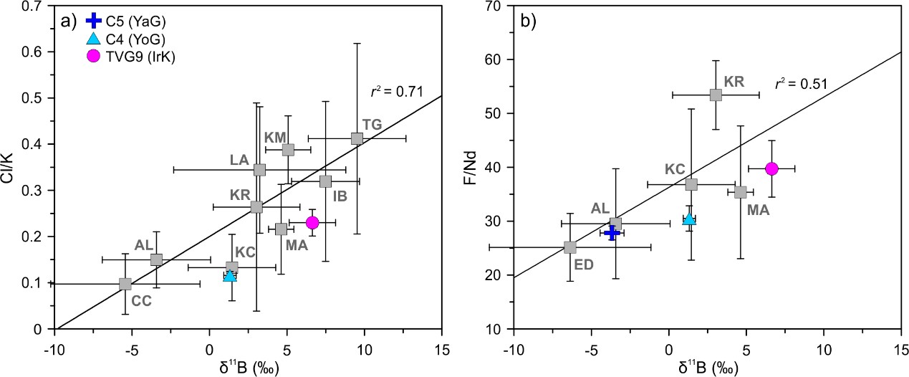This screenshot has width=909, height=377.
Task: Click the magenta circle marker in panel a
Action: point(312,222)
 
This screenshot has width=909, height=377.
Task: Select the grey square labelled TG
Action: point(357,138)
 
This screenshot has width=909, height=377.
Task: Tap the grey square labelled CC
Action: point(125,284)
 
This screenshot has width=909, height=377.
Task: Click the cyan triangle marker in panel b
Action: point(689,219)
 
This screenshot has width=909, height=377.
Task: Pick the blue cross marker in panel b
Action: point(612,233)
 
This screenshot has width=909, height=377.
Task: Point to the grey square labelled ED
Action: point(570,247)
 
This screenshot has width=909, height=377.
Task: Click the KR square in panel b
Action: point(716,95)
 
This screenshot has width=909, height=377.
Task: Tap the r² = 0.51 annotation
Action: point(801,85)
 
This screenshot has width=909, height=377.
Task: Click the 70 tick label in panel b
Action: point(499,6)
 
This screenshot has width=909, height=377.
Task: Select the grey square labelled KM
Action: point(288,150)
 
